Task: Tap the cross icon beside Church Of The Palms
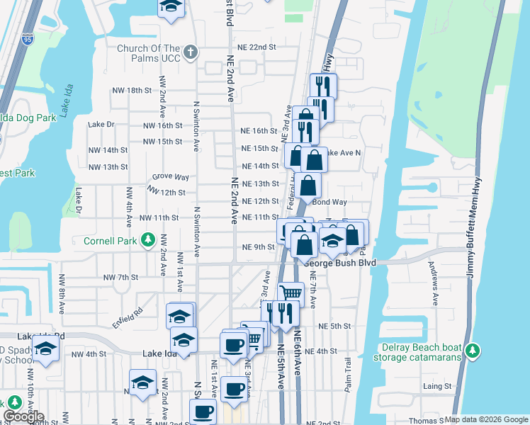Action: pyautogui.click(x=190, y=52)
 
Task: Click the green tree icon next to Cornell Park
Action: pyautogui.click(x=147, y=241)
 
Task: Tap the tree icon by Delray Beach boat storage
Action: pyautogui.click(x=473, y=351)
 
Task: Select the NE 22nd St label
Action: pyautogui.click(x=256, y=47)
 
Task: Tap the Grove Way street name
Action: pyautogui.click(x=171, y=177)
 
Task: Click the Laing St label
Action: pyautogui.click(x=437, y=386)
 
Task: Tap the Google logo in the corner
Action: pyautogui.click(x=23, y=417)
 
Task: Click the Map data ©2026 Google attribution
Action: pyautogui.click(x=486, y=419)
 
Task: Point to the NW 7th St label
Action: pyautogui.click(x=119, y=278)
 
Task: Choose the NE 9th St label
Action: pyautogui.click(x=258, y=247)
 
